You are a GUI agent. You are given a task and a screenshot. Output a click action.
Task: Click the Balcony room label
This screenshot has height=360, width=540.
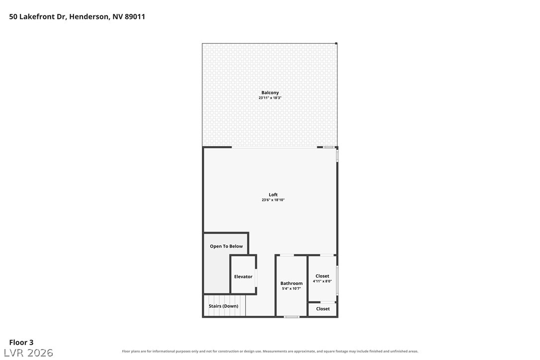pyautogui.click(x=270, y=92)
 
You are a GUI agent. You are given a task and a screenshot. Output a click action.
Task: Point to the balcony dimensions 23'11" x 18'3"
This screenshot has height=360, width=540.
pyautogui.click(x=270, y=98)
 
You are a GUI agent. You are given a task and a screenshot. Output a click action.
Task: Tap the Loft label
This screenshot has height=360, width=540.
pyautogui.click(x=273, y=194)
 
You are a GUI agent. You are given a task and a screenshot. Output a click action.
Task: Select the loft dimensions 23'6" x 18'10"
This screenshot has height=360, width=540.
pyautogui.click(x=273, y=200)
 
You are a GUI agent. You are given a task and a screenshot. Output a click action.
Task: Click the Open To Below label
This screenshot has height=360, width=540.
pyautogui.click(x=226, y=246)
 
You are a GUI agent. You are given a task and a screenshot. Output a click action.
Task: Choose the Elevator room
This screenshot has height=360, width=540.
pyautogui.click(x=243, y=275)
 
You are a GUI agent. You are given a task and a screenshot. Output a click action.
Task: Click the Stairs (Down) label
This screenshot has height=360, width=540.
pyautogui.click(x=223, y=306)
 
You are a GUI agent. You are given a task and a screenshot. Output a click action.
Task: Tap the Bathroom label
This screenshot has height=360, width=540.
pyautogui.click(x=291, y=283)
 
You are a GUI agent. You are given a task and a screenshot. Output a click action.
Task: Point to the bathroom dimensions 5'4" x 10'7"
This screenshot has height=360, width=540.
pyautogui.click(x=291, y=289)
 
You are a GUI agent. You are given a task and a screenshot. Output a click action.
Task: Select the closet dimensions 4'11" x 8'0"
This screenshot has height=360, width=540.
pyautogui.click(x=322, y=281)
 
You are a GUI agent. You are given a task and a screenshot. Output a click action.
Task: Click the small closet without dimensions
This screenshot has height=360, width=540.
pyautogui.click(x=322, y=309)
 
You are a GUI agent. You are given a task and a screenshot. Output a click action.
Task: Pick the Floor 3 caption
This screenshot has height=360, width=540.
pyautogui.click(x=21, y=343)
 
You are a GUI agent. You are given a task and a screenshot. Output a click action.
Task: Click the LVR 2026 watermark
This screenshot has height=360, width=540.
pyautogui.click(x=28, y=353)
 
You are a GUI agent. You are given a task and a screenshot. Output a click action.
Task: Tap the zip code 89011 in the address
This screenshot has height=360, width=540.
pyautogui.click(x=135, y=16)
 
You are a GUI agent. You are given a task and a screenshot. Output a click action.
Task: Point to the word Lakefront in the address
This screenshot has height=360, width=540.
pyautogui.click(x=37, y=16)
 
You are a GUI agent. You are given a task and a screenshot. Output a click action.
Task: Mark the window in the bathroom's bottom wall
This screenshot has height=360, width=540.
pyautogui.click(x=292, y=317)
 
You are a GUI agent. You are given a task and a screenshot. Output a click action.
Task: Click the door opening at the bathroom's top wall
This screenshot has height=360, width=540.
pyautogui.click(x=286, y=255)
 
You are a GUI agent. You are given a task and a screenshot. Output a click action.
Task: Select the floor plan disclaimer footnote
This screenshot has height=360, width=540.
pyautogui.click(x=270, y=352)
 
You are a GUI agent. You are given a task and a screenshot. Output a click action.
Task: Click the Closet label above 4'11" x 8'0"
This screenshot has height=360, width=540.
pyautogui.click(x=322, y=276)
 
